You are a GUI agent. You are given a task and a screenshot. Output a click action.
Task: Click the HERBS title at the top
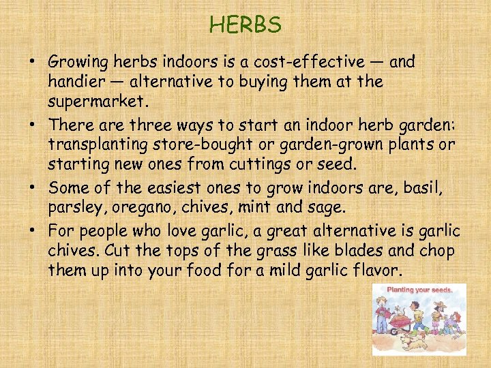point(245,25)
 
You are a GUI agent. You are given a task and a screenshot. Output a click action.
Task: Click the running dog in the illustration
point(412,341)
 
